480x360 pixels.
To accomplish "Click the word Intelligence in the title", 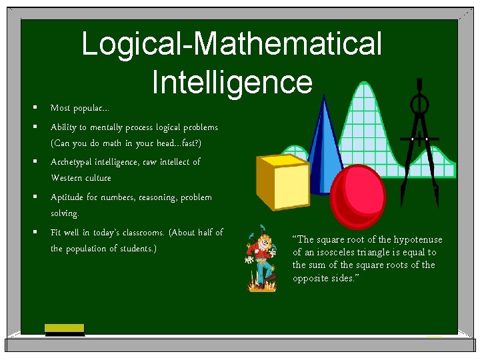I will [x=232, y=83].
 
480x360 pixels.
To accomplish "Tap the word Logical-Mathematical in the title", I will [x=232, y=44].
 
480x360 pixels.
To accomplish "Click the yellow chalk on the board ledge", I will [x=64, y=327].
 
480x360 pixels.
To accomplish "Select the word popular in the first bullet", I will [x=89, y=108].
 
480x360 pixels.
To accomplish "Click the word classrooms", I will [x=140, y=233].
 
